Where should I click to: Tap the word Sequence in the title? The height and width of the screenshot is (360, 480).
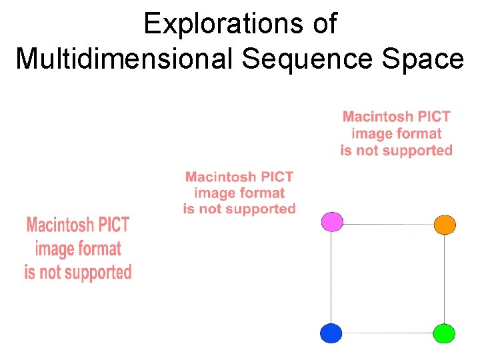pos(308,59)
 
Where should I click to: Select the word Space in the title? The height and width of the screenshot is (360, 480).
pos(423,59)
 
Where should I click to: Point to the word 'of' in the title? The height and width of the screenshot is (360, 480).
pos(323,25)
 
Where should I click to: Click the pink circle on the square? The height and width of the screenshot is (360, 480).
pos(332,221)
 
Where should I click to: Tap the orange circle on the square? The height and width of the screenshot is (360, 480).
pos(445,225)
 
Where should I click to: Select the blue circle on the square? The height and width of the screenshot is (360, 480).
pos(331,333)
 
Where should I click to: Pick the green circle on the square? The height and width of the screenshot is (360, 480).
pos(444,333)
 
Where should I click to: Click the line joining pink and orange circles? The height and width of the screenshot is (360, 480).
pos(388,224)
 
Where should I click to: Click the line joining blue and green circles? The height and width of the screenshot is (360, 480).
pos(388,333)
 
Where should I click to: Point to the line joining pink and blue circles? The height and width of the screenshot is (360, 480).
pos(331,277)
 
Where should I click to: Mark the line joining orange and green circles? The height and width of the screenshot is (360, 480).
pos(445,279)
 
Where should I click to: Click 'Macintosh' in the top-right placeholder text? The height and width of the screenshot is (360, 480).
pos(375,117)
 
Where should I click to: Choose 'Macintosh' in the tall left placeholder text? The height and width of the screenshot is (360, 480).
pos(63,225)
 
